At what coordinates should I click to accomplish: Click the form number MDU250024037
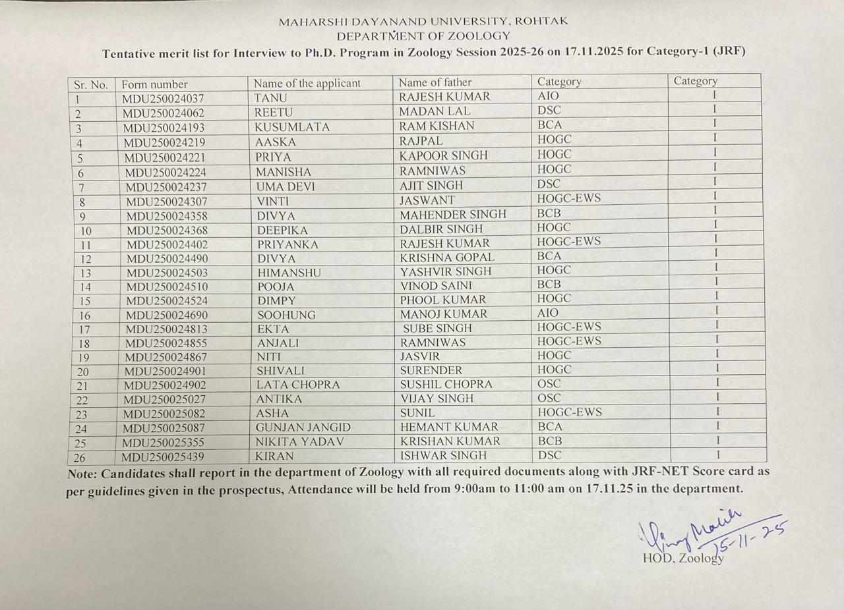tap(163, 98)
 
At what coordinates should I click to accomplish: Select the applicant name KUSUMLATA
tap(292, 127)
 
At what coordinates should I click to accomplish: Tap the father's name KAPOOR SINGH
tap(444, 155)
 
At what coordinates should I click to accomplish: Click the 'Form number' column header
tap(155, 84)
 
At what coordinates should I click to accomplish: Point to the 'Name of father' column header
tap(435, 82)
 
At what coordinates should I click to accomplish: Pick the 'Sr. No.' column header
tap(91, 85)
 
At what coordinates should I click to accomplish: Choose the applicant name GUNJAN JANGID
tap(303, 428)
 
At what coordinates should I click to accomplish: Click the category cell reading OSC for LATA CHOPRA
tap(549, 384)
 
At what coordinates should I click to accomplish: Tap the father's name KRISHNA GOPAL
tap(447, 258)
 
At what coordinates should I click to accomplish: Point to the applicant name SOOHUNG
tap(286, 315)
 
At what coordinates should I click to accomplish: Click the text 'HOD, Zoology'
tap(683, 559)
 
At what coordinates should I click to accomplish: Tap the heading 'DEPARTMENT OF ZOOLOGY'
tap(423, 36)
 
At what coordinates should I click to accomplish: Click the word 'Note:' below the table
tap(84, 473)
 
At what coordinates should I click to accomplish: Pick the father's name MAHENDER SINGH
tap(453, 214)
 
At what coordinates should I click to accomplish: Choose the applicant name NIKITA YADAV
tap(300, 442)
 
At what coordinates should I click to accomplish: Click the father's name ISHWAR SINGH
tap(443, 455)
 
